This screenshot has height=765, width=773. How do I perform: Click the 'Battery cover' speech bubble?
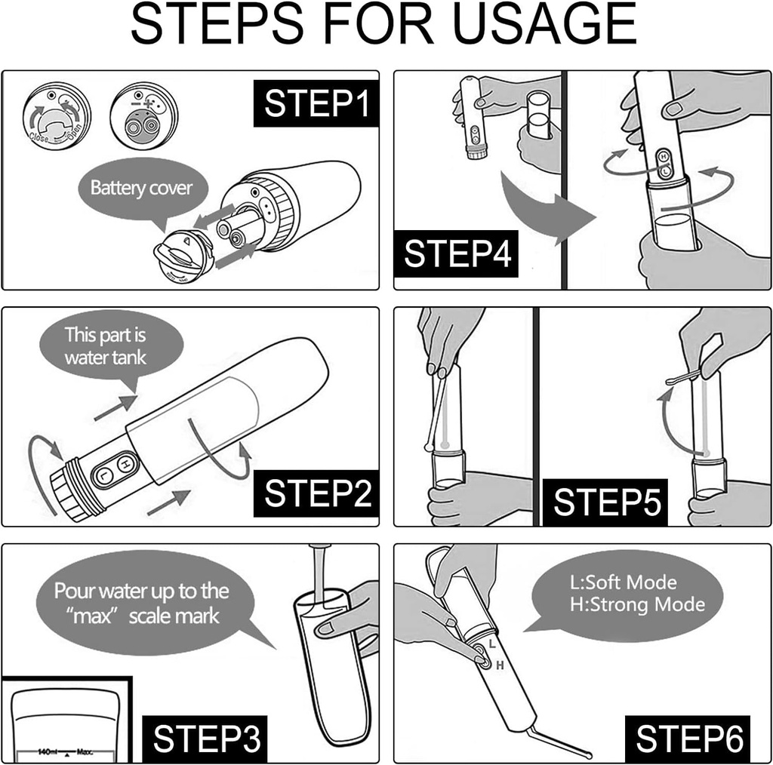pos(142,189)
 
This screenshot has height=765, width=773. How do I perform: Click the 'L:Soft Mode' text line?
pos(624,582)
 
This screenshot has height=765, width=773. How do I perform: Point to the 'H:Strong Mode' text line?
pos(638,604)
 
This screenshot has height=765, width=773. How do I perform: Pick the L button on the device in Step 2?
pos(103,475)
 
